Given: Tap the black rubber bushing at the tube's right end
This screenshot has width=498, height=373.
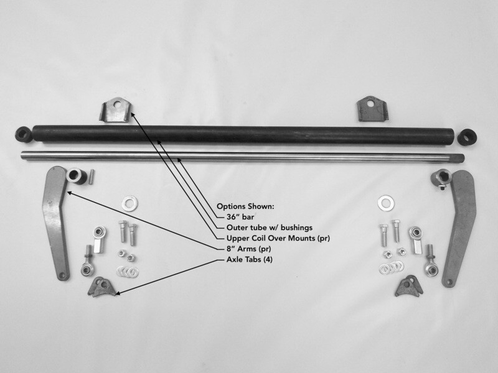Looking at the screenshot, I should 467,136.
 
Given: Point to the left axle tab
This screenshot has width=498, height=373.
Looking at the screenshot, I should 101,287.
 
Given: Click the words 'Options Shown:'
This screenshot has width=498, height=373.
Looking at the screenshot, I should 244,206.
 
